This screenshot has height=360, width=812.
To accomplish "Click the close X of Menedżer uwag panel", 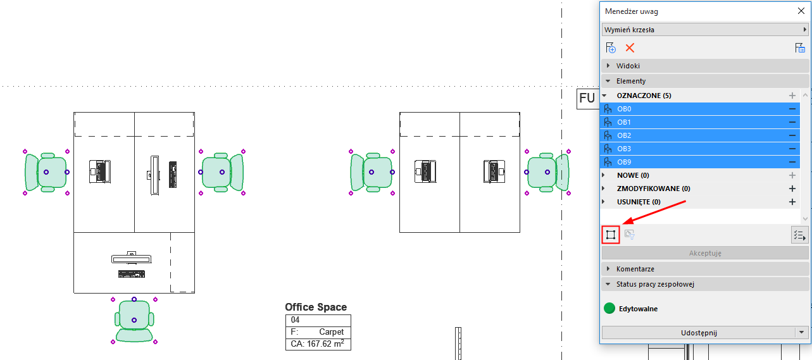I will (x=801, y=11).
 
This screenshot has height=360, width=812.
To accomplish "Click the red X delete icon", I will (x=630, y=48).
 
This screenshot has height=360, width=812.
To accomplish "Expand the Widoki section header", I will (x=628, y=66).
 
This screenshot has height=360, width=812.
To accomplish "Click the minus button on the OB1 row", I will (x=792, y=122).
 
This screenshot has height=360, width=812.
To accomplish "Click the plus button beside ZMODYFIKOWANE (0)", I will (x=792, y=189).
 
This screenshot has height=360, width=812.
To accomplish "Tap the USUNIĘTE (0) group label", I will (x=639, y=202).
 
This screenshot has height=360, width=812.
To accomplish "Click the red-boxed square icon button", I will (x=610, y=235).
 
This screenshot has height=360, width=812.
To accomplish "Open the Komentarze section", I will (x=635, y=269).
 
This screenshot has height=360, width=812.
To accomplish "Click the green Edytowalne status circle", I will (x=609, y=309).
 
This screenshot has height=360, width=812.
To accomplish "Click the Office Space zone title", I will (x=316, y=307).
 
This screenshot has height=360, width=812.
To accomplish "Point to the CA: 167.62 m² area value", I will (x=318, y=344).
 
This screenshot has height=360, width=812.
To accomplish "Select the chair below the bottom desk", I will (x=134, y=321).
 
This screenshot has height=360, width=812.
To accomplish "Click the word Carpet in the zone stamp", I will (x=332, y=332).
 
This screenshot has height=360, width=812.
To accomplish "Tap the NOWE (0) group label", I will (x=633, y=175).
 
